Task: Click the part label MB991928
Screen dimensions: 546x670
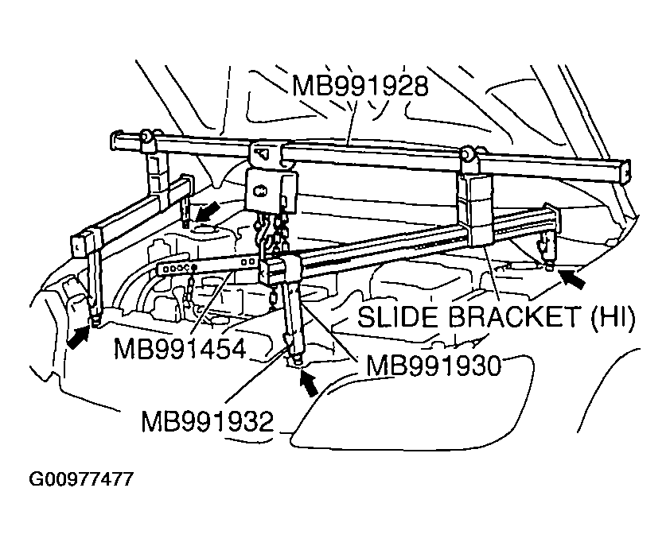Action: (360, 86)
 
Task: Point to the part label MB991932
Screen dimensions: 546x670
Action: (208, 420)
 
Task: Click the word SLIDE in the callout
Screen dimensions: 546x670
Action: (395, 318)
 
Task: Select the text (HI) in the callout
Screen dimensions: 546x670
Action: (611, 318)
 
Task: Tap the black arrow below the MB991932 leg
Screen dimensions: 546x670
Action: (310, 383)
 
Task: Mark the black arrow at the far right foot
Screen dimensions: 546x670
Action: (572, 277)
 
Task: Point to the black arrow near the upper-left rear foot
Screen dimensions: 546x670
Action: (208, 211)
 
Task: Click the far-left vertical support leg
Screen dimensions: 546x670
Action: (93, 274)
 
